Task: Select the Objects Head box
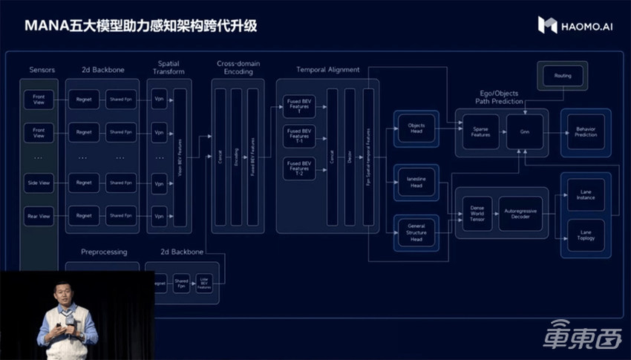point(416,128)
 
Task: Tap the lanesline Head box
point(416,182)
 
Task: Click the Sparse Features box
point(481,131)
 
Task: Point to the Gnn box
point(525,131)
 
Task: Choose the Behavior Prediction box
point(585,131)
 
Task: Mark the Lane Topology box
point(586,235)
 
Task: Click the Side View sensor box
point(39,183)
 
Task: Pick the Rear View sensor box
point(39,216)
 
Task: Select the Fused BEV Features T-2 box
point(299,168)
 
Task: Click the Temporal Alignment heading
point(327,70)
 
